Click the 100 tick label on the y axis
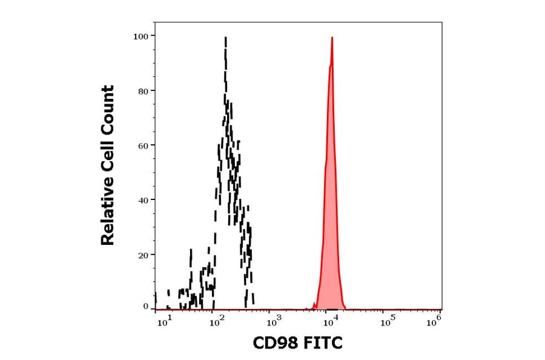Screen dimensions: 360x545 [x=140, y=36]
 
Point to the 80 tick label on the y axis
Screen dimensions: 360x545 [x=143, y=91]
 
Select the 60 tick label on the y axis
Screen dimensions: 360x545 [x=143, y=145]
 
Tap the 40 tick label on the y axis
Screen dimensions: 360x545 [x=143, y=200]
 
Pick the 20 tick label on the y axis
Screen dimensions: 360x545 [x=143, y=255]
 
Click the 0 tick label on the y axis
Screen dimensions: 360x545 [x=145, y=307]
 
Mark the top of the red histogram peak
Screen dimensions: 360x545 [x=332, y=38]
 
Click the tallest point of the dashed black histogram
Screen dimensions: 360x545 [x=225, y=38]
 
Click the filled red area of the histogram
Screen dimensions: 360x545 [x=331, y=242]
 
